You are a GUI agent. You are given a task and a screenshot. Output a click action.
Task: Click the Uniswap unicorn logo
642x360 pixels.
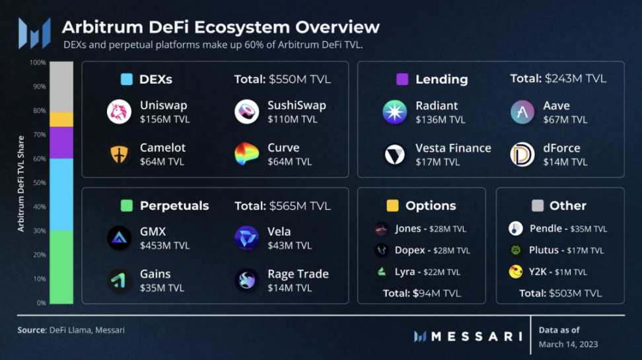pyautogui.click(x=120, y=112)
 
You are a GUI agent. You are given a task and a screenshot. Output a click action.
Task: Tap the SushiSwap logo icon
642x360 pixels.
pyautogui.click(x=247, y=112)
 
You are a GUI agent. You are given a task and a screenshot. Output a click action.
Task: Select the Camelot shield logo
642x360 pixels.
pyautogui.click(x=120, y=155)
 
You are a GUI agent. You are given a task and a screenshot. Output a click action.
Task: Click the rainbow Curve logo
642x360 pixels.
pyautogui.click(x=247, y=155)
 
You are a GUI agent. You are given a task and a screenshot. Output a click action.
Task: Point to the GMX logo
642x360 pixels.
pyautogui.click(x=120, y=238)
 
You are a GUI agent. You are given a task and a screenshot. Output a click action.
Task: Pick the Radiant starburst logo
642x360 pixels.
pyautogui.click(x=395, y=112)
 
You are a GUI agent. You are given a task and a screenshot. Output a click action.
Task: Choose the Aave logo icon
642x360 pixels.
pyautogui.click(x=522, y=112)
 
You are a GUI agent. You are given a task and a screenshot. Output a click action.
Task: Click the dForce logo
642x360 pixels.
pyautogui.click(x=522, y=155)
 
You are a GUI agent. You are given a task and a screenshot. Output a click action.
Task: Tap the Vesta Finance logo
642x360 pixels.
pyautogui.click(x=395, y=155)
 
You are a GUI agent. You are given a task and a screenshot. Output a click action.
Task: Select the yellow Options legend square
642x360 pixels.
pyautogui.click(x=392, y=205)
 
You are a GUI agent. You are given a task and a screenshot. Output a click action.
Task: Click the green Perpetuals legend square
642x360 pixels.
pyautogui.click(x=127, y=205)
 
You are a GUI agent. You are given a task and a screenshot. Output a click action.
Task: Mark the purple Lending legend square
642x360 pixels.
pyautogui.click(x=402, y=79)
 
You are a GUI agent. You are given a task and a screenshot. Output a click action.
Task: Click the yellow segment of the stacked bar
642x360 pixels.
pyautogui.click(x=61, y=119)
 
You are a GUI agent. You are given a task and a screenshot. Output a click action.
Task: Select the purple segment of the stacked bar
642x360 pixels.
pyautogui.click(x=61, y=142)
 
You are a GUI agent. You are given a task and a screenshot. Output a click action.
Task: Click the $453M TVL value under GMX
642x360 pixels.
pyautogui.click(x=164, y=246)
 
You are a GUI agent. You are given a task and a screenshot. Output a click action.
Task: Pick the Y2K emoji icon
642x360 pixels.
pyautogui.click(x=516, y=271)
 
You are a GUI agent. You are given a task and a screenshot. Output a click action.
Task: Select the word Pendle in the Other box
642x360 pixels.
pyautogui.click(x=546, y=229)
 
